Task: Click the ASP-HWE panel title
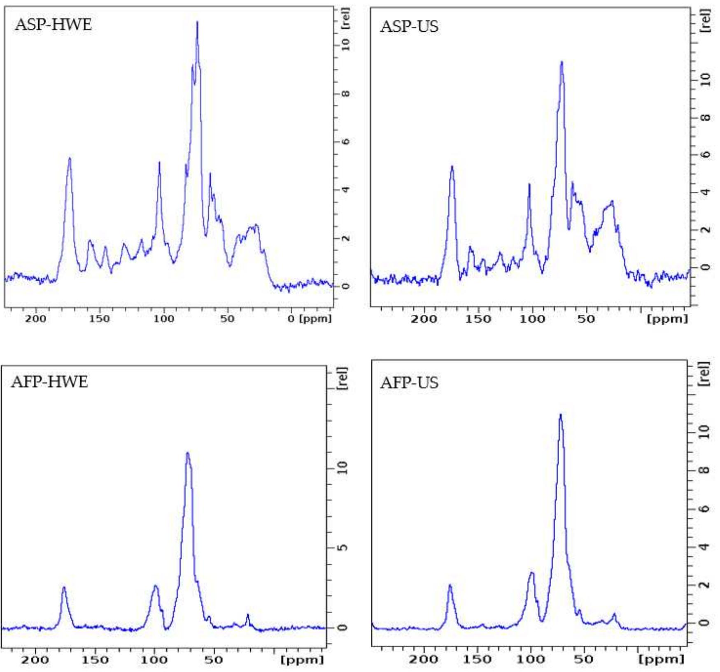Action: coord(53,25)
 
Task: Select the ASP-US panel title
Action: coord(409,27)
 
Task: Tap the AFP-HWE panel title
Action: coord(49,382)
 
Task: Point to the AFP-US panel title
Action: coord(409,383)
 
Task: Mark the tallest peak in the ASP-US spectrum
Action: coord(561,63)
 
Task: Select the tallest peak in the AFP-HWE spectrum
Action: coord(188,453)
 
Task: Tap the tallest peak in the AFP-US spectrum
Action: coord(560,415)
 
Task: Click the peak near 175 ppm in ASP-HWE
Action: coord(70,159)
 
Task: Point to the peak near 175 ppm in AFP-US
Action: coord(450,586)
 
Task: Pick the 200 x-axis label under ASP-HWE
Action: coord(35,319)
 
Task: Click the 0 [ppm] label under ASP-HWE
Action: coord(309,319)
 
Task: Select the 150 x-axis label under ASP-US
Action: coord(478,319)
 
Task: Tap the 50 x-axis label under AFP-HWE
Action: coord(214,660)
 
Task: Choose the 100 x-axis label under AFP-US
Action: coord(531,659)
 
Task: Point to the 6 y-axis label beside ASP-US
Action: coord(705,155)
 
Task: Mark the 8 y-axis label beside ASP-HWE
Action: coord(345,94)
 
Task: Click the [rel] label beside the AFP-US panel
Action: coord(704,374)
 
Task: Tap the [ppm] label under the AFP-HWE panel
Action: coord(302,660)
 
